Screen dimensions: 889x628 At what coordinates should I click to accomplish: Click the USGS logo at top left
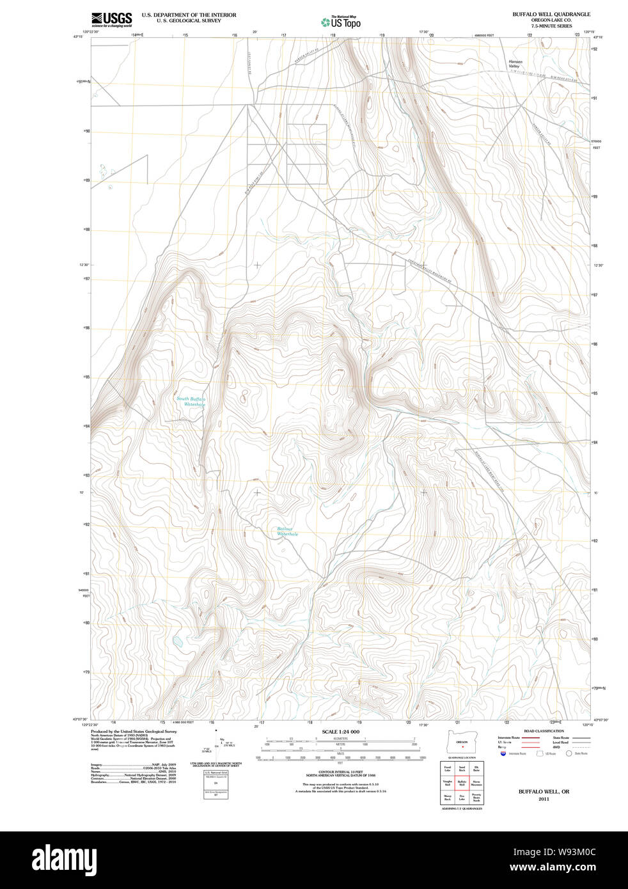[x=112, y=19]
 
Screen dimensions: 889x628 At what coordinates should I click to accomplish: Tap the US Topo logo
[x=341, y=22]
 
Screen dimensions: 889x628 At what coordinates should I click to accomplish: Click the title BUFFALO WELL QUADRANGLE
[x=551, y=14]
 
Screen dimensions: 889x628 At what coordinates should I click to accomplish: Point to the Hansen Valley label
[x=515, y=64]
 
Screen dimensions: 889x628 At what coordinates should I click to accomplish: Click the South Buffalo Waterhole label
[x=191, y=402]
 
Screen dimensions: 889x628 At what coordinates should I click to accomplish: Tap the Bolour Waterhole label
[x=287, y=531]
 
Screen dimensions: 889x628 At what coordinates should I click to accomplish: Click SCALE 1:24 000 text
[x=340, y=732]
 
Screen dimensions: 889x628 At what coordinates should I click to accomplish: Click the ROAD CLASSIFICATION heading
[x=544, y=731]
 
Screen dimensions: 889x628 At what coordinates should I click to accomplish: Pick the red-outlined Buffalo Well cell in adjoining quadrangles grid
[x=462, y=783]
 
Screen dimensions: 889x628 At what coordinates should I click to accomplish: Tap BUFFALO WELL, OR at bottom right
[x=544, y=792]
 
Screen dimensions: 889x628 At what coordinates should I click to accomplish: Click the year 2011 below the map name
[x=544, y=799]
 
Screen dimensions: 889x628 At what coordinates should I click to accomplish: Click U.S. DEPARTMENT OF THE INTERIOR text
[x=189, y=15]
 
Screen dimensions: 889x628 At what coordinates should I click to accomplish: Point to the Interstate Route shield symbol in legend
[x=503, y=753]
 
